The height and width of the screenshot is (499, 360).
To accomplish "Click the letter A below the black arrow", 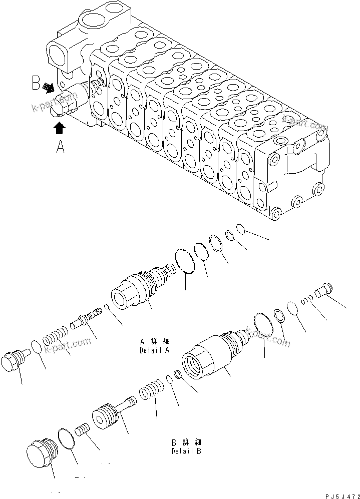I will click(60, 148).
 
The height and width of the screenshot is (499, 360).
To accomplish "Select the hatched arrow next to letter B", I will click(49, 89).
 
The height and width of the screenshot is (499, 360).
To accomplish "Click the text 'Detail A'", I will click(154, 350).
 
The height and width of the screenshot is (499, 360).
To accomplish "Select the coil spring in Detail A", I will click(55, 334).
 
